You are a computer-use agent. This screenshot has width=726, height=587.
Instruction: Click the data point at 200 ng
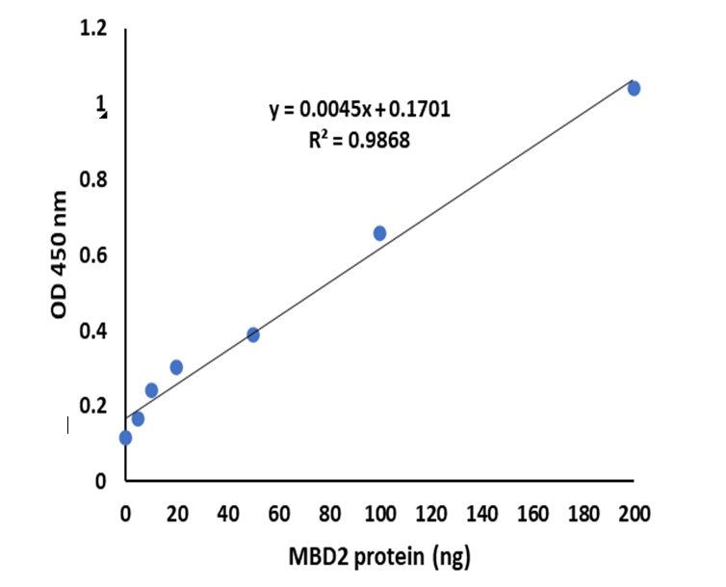point(634,89)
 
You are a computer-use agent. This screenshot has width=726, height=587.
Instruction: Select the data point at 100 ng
point(379,233)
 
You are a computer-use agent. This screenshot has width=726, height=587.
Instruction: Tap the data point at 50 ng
point(252,334)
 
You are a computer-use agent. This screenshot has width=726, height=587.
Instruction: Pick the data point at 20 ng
point(176,367)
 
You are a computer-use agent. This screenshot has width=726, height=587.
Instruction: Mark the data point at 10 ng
point(151,390)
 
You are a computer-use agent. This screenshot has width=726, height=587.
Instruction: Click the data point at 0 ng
point(125,438)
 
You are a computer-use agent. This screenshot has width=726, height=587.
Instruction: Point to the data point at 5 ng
point(138,418)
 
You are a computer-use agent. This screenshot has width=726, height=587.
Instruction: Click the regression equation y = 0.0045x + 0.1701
point(359,111)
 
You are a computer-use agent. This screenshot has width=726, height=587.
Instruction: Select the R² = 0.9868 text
point(358,141)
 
